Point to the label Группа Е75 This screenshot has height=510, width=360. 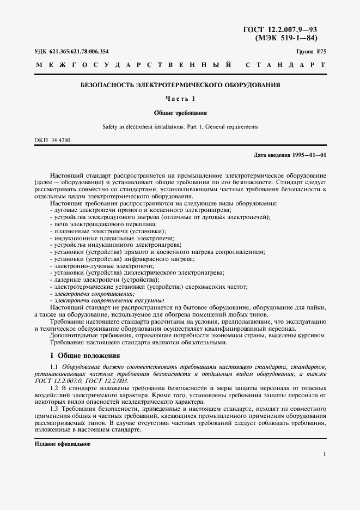(x=311, y=52)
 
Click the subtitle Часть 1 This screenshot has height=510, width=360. (x=180, y=99)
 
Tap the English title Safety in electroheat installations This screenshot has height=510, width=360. (x=180, y=127)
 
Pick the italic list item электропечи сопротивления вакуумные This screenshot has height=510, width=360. (x=107, y=300)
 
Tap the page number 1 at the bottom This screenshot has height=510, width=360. (x=324, y=454)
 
